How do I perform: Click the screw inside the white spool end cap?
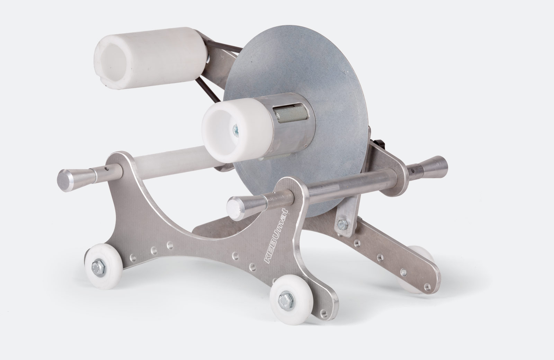click(235, 129)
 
